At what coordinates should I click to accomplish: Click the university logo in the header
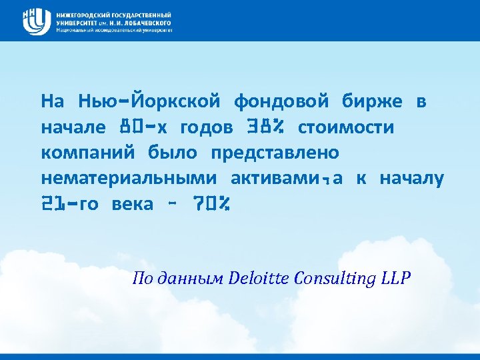(x=37, y=21)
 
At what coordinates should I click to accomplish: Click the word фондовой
(x=281, y=101)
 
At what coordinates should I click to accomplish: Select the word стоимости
(x=346, y=127)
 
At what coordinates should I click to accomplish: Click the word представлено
(x=275, y=153)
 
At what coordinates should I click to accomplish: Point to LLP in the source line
(x=397, y=278)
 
